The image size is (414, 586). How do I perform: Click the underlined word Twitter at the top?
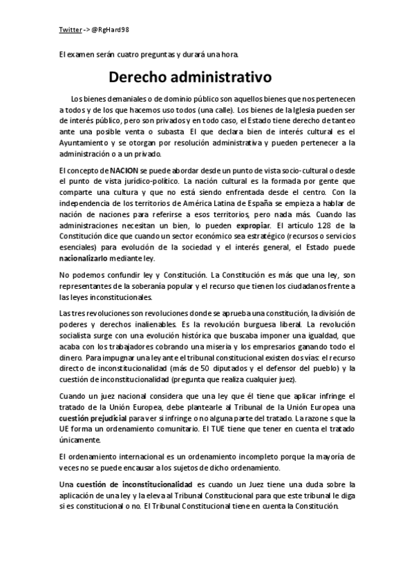tap(70, 30)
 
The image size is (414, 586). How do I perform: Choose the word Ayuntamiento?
tap(86, 142)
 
